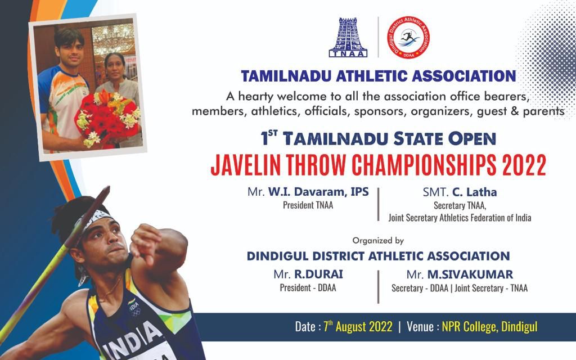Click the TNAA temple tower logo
348,38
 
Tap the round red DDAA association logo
408,38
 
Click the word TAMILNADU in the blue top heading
287,76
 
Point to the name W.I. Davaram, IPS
318,192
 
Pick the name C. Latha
474,192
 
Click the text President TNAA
308,205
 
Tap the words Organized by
378,241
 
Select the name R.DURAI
318,274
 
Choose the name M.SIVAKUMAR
470,274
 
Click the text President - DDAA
308,287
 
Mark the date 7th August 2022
358,326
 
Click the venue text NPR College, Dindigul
490,327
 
